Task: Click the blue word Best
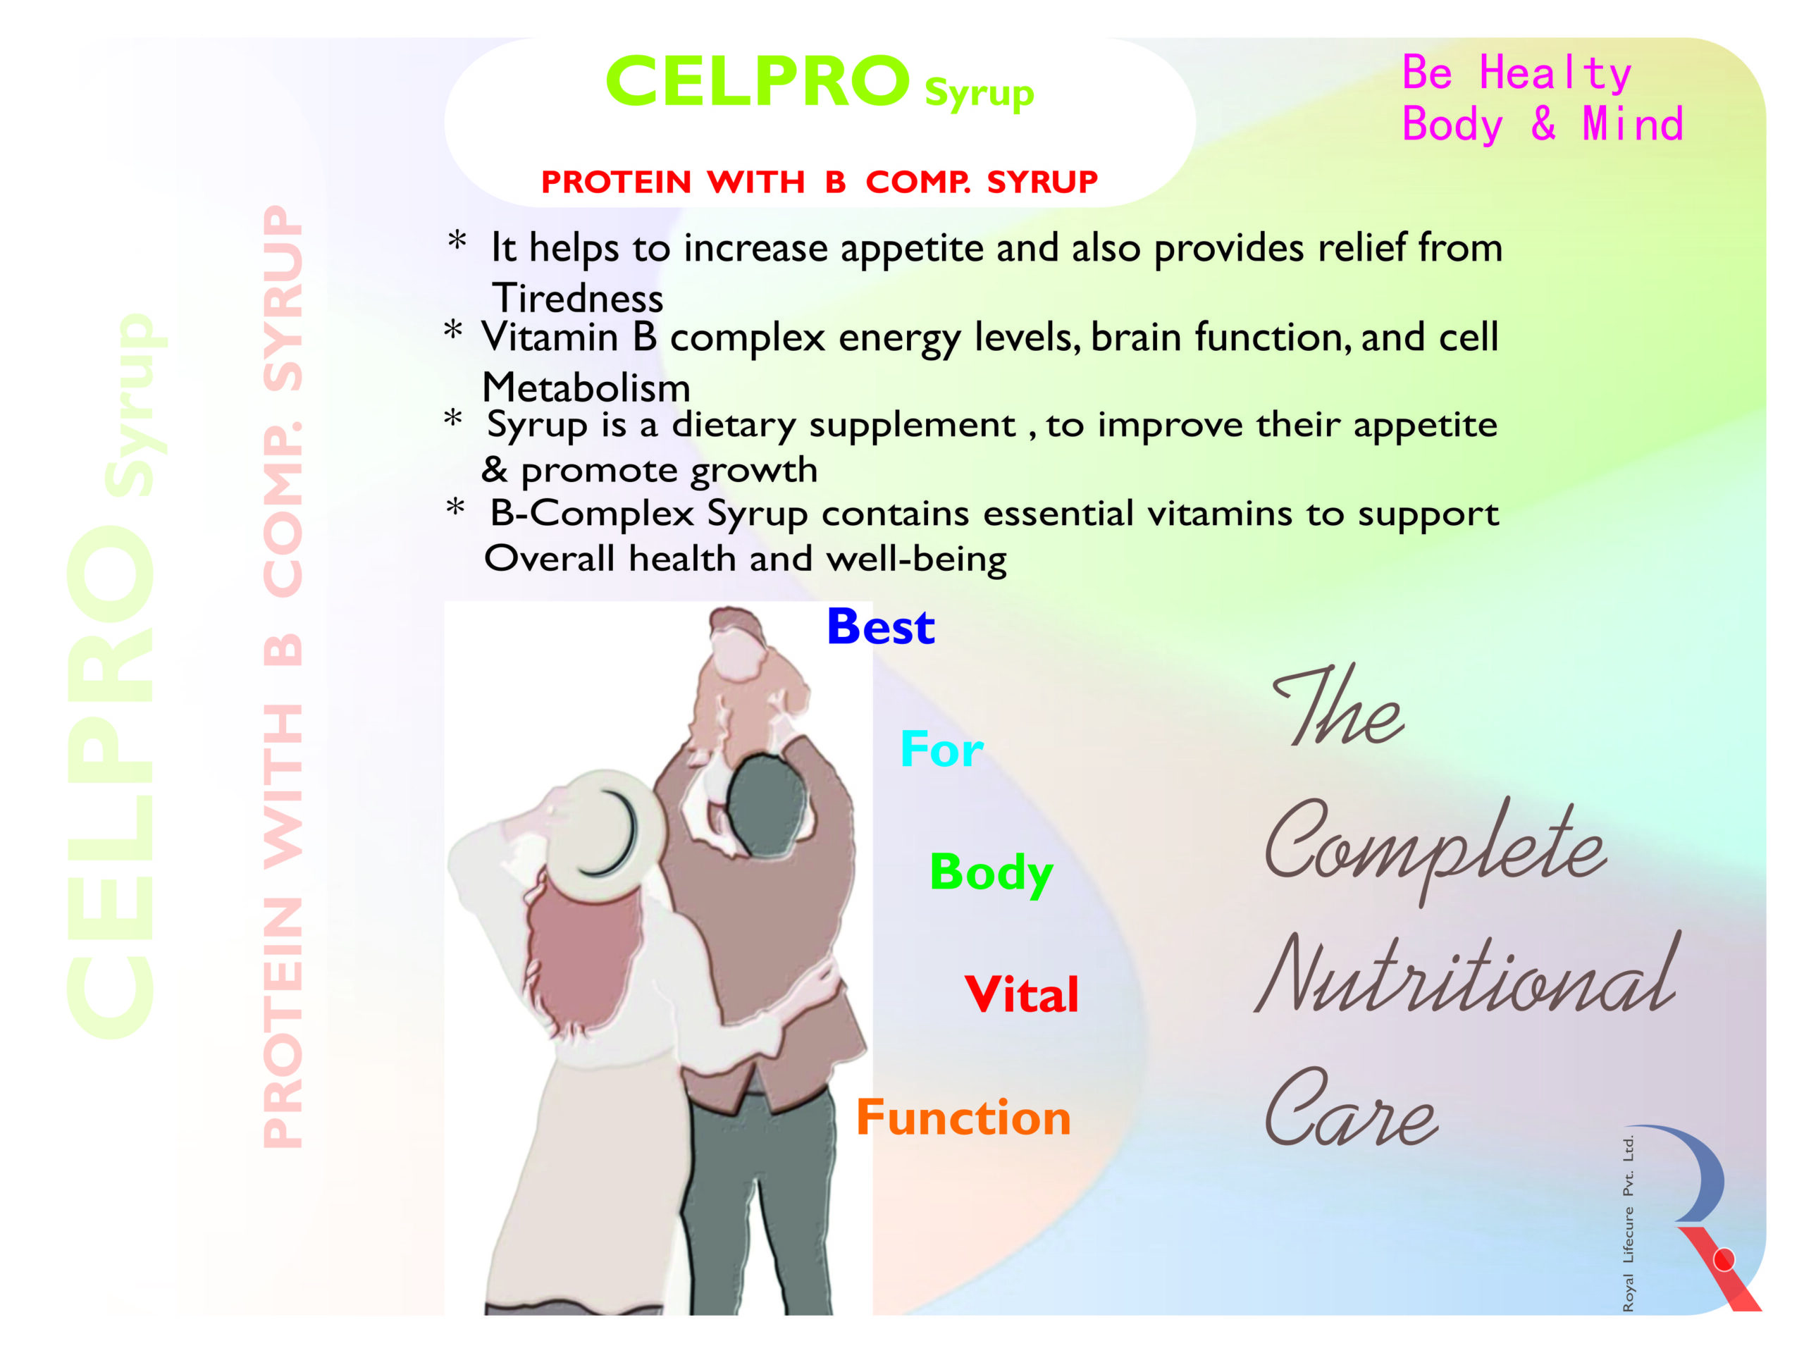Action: pos(880,627)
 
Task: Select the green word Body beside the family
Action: pos(991,873)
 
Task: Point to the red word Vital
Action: pos(1021,994)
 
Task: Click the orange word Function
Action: pos(963,1118)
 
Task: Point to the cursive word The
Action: pos(1337,706)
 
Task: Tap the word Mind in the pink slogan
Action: pos(1633,125)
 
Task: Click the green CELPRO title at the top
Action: pos(758,82)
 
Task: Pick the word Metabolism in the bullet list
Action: pos(586,388)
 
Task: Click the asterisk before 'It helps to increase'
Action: pos(457,242)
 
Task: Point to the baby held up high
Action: pos(746,685)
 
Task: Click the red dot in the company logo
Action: pos(1724,1260)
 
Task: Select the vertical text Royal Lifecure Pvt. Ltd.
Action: pos(1628,1223)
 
